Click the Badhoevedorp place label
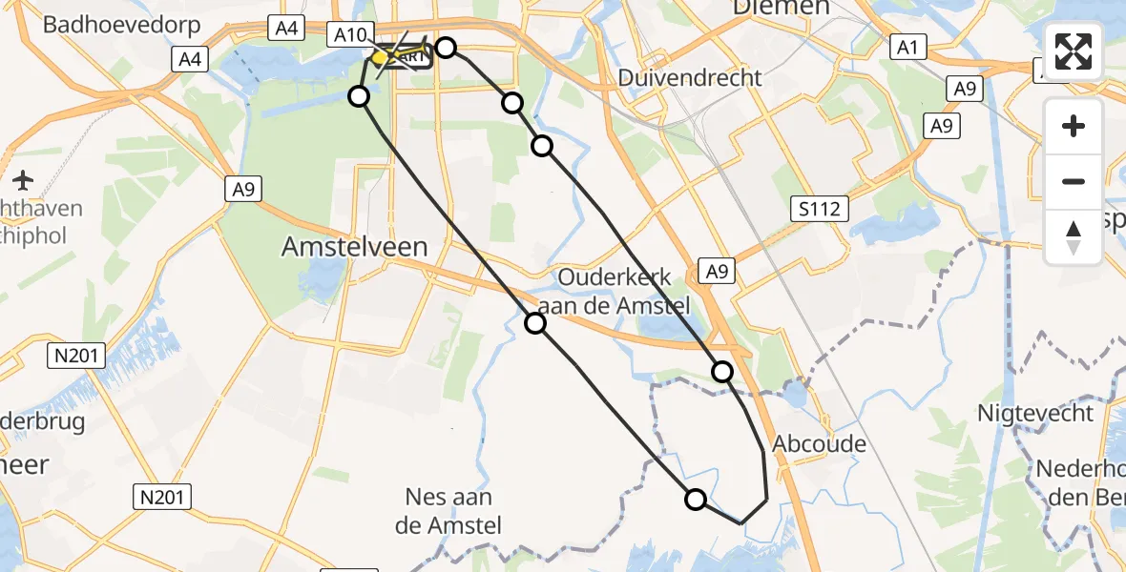point(121,23)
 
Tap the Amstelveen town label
point(354,248)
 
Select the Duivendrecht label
point(690,77)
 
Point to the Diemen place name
point(780,8)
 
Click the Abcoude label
point(806,443)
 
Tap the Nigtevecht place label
point(1035,413)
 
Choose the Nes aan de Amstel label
point(448,511)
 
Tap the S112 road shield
point(821,208)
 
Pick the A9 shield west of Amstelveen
point(244,191)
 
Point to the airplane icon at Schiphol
point(24,179)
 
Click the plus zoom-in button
point(1074,127)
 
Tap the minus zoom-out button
point(1074,181)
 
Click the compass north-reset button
point(1074,236)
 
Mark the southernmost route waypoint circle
point(696,499)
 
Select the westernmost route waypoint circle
point(359,95)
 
